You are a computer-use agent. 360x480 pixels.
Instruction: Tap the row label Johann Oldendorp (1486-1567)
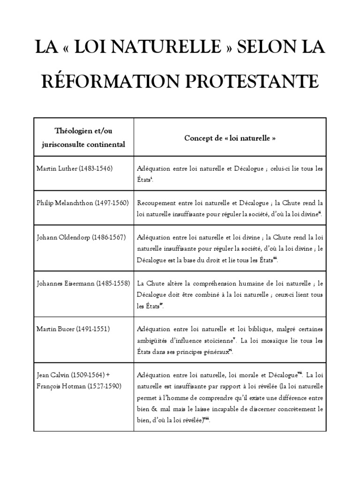tap(81, 237)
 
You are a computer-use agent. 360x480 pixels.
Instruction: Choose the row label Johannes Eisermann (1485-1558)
tap(83, 283)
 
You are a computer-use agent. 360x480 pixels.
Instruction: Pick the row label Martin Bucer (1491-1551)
tap(70, 329)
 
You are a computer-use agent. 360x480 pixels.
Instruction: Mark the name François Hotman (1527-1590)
tap(79, 386)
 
